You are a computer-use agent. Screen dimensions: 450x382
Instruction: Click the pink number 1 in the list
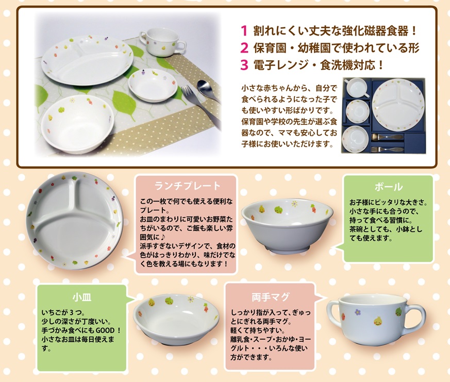(244, 31)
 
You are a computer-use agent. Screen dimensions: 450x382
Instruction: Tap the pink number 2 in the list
(244, 48)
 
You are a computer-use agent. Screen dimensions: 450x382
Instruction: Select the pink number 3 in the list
(244, 65)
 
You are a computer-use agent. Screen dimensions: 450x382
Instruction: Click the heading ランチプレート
(187, 186)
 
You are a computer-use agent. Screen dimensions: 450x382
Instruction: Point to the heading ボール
(388, 187)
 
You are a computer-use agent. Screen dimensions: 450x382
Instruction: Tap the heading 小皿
(82, 297)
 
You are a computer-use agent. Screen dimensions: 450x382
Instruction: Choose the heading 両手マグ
(271, 297)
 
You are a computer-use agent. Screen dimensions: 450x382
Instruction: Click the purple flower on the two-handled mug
(357, 312)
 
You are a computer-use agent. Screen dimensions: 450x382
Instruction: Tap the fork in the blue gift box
(386, 150)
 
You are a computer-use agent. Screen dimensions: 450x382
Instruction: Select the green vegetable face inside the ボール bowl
(278, 209)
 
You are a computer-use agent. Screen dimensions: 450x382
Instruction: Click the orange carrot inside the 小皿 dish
(206, 308)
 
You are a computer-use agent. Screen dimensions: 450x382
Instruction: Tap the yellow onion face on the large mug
(378, 321)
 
